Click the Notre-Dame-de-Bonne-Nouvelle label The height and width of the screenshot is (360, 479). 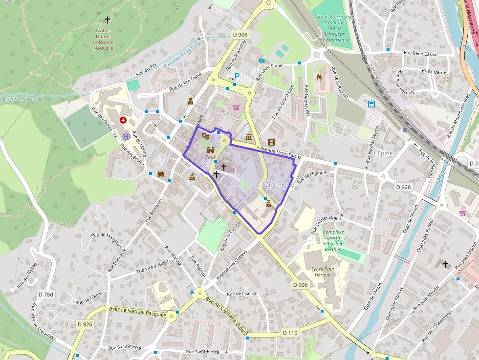click(x=103, y=40)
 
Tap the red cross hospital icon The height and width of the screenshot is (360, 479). click(x=123, y=120)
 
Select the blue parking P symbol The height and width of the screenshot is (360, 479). click(x=237, y=76)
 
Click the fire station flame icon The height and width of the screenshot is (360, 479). click(x=319, y=77)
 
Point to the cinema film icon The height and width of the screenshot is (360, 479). click(x=271, y=142)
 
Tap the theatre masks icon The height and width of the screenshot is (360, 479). click(x=206, y=130)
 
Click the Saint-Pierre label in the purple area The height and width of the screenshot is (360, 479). click(x=278, y=185)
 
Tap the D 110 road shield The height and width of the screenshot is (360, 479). click(x=290, y=333)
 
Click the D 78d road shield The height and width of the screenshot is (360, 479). click(x=46, y=294)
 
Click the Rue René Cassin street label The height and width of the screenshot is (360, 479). click(x=420, y=54)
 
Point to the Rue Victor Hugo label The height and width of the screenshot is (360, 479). click(x=152, y=266)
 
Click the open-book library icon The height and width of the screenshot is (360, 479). click(x=160, y=173)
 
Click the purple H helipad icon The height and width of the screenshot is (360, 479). click(x=126, y=136)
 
